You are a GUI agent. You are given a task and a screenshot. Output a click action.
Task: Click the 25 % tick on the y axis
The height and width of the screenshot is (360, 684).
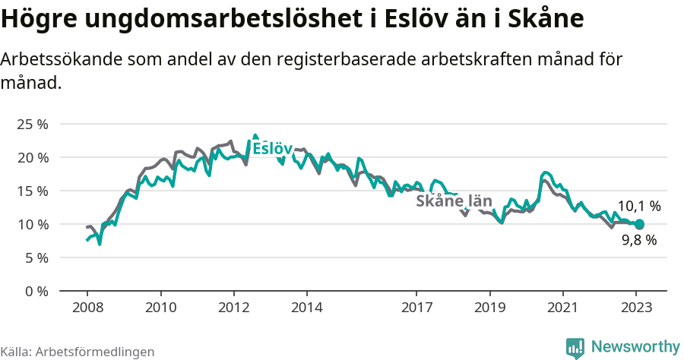point(32,124)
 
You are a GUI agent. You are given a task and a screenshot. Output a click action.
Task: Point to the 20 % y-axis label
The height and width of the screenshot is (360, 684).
point(32,157)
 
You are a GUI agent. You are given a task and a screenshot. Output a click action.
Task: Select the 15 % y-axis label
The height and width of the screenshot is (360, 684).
point(32,191)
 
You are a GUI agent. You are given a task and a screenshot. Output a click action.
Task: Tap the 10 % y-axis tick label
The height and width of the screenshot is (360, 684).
point(32,224)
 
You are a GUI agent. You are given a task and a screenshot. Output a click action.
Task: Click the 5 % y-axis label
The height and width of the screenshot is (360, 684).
point(36,257)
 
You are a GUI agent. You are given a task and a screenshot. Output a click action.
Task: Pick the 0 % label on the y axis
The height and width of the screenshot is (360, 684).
point(36,291)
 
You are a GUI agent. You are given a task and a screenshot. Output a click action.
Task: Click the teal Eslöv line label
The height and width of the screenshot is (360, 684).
point(272,148)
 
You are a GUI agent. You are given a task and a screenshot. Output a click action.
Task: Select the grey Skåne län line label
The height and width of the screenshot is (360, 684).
point(454,201)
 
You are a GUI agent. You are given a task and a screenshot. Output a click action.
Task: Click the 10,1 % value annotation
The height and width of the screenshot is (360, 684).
point(638,206)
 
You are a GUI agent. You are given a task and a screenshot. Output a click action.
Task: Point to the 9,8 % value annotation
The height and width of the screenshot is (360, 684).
point(638,240)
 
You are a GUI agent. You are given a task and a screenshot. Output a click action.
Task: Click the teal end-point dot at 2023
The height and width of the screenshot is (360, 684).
point(639,224)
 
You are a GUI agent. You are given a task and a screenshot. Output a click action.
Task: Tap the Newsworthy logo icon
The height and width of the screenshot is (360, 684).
point(575,347)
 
